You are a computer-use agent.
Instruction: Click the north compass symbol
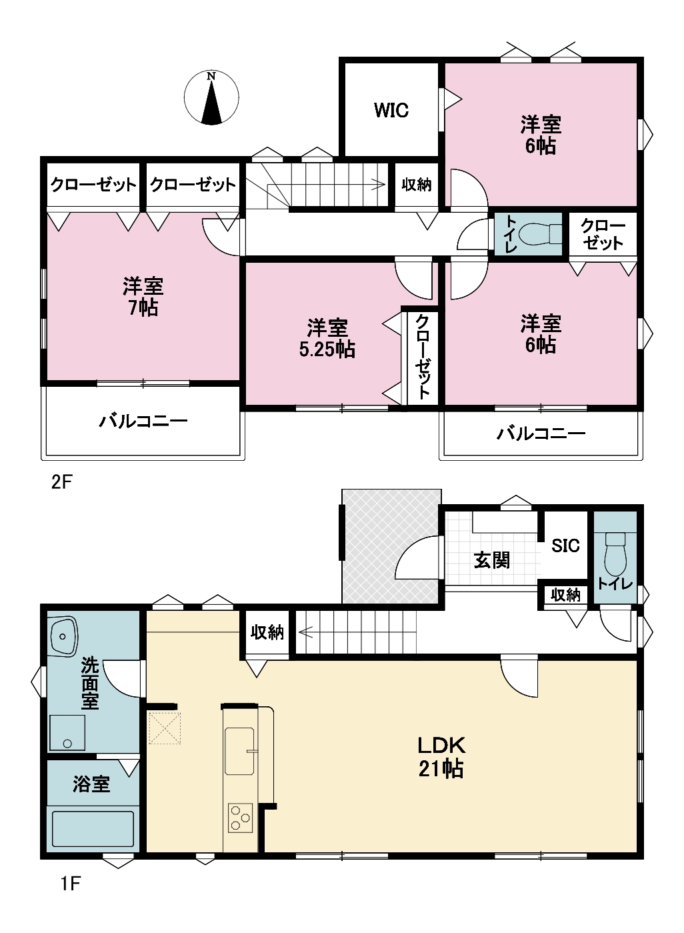pyautogui.click(x=211, y=97)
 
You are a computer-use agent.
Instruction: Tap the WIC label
pyautogui.click(x=391, y=111)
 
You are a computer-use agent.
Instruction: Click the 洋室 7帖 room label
pyautogui.click(x=143, y=296)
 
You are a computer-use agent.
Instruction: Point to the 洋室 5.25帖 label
pyautogui.click(x=327, y=338)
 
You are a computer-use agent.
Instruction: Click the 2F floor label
pyautogui.click(x=62, y=482)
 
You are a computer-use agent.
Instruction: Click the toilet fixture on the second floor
pyautogui.click(x=540, y=233)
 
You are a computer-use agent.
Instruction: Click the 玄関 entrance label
pyautogui.click(x=491, y=561)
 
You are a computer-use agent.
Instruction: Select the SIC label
pyautogui.click(x=565, y=546)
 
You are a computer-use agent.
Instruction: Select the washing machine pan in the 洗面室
pyautogui.click(x=67, y=733)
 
